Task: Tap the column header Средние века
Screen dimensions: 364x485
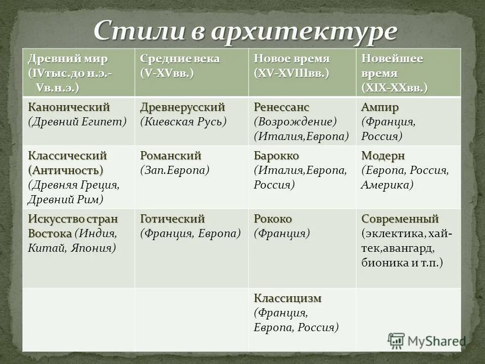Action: [x=180, y=58]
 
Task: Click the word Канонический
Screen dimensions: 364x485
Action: [x=69, y=107]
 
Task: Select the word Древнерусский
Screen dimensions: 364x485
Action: [x=182, y=107]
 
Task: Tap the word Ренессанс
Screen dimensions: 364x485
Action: [x=281, y=107]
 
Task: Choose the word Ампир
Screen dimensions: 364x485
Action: [x=380, y=107]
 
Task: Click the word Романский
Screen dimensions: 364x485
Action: [x=171, y=155]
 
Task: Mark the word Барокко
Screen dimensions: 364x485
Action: [x=276, y=155]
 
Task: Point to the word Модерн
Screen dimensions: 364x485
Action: [x=383, y=155]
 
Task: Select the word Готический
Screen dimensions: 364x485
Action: [x=172, y=219]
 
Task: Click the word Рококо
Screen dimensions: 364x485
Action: [x=273, y=219]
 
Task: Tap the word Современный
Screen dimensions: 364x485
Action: [x=400, y=219]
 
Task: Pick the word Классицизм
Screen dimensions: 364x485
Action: [x=287, y=298]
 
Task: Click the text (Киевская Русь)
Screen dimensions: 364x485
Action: [x=183, y=122]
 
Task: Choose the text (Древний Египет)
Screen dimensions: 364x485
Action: [x=77, y=122]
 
